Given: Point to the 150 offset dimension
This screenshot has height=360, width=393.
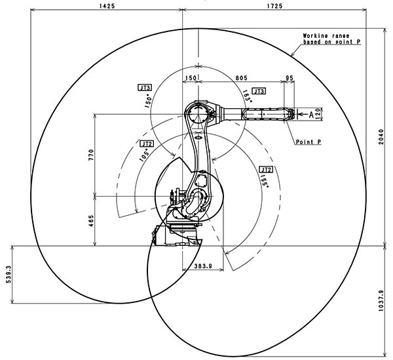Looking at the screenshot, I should click(191, 77).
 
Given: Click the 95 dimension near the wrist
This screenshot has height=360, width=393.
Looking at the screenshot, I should click(290, 77).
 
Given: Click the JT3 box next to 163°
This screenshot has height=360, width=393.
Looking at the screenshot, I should click(258, 90).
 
